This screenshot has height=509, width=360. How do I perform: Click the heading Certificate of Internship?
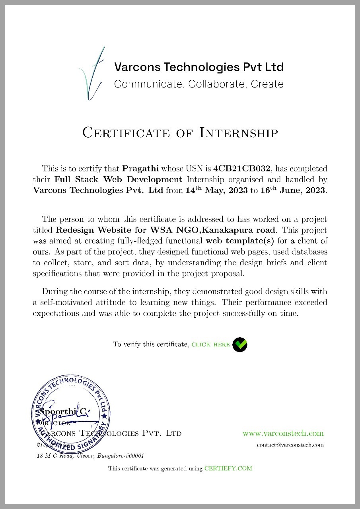tap(180, 132)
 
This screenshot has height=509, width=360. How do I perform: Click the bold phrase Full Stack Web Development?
tap(118, 179)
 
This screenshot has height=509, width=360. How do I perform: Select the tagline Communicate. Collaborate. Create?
tap(198, 84)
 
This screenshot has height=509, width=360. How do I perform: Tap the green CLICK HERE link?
tap(211, 344)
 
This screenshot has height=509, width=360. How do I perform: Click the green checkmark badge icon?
tap(240, 344)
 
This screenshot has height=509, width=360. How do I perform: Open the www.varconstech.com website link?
tap(283, 433)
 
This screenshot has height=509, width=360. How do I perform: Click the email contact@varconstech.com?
tap(290, 445)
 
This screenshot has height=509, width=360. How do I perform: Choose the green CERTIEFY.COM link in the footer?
tap(228, 468)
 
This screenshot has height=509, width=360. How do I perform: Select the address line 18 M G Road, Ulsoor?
tap(90, 456)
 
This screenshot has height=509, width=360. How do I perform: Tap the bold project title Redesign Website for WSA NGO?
tap(165, 230)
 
